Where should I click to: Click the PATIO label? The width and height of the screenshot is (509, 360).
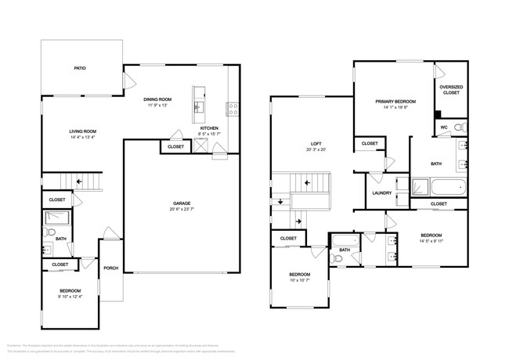coord(80,69)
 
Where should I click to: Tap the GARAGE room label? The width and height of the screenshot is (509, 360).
coord(182,203)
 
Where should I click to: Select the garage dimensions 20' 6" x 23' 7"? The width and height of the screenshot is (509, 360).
coord(182,209)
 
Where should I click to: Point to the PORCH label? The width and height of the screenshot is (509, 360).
coord(110,268)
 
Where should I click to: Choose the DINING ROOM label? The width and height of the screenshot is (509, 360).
coord(157,99)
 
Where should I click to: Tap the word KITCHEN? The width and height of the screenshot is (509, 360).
coord(209,128)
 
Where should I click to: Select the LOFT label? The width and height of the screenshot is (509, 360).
coord(316,144)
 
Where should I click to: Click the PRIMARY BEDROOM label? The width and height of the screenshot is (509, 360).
coord(395,102)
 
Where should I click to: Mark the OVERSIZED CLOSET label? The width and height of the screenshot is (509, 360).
coord(450,90)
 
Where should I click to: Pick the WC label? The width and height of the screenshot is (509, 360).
coord(443,127)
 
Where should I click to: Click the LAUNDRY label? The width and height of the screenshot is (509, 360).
coord(382,193)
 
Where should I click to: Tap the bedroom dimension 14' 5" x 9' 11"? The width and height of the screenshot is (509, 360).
coord(431,241)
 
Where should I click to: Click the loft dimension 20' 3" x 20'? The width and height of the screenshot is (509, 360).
coord(316,150)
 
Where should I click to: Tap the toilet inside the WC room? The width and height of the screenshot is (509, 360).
coord(460,127)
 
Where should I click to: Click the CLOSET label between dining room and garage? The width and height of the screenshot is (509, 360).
coord(176,146)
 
